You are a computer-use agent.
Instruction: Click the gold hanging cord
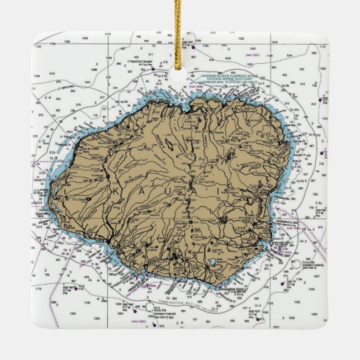[x=180, y=34]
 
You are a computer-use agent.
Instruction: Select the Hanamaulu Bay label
[x=291, y=221]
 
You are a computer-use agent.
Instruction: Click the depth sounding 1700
[x=53, y=42]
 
